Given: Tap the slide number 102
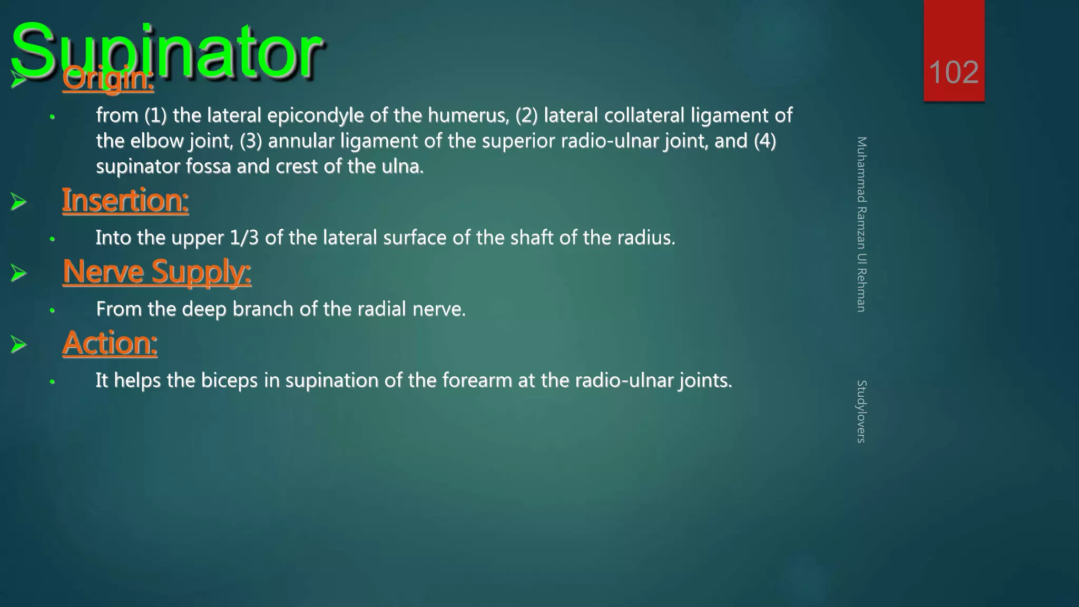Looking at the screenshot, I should pos(954,72).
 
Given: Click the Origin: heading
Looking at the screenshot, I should pos(108,79).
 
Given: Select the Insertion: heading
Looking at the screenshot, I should pos(125,201).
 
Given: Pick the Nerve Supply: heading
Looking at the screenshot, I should pos(156,272).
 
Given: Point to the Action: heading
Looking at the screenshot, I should pos(110,343).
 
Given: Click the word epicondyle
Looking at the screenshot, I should pos(315,115).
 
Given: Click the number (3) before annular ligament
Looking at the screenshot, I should pos(251,141).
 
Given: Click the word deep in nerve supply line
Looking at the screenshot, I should pos(204,309).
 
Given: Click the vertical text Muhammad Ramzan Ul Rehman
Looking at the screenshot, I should pos(861,224).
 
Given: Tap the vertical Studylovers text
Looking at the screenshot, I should pos(861,411).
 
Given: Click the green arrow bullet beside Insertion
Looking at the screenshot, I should pos(18,201).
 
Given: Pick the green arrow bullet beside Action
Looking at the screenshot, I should pos(18,344).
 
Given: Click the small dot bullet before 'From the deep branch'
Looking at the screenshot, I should pos(52,310).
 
